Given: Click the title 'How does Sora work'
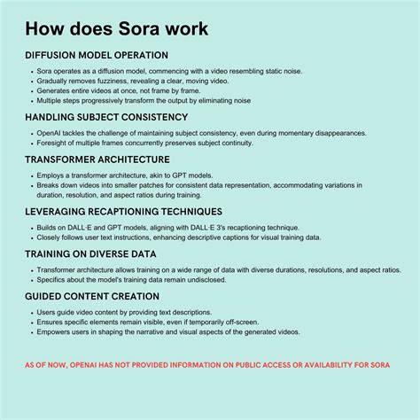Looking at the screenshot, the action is click(x=117, y=28).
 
